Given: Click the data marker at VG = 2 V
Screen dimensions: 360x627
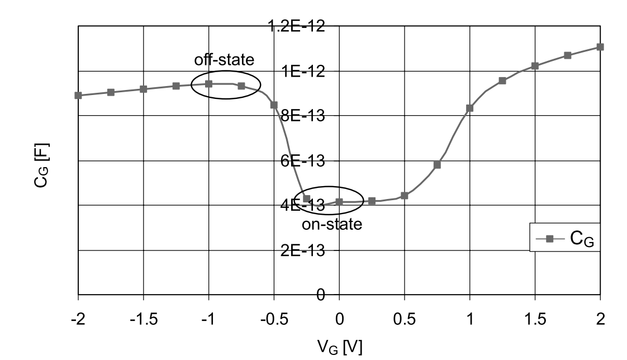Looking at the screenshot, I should (600, 47).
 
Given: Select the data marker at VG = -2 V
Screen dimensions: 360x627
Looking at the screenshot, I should (78, 96).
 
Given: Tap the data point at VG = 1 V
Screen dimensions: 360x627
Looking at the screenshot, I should (469, 108).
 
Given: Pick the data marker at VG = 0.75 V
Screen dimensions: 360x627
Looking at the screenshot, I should (437, 165).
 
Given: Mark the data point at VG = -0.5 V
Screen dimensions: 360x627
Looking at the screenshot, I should (274, 105).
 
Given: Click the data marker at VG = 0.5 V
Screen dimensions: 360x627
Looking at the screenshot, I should (405, 196).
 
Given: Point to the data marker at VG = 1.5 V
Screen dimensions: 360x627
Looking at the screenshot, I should (535, 66).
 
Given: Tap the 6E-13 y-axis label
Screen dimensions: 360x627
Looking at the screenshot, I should (305, 161).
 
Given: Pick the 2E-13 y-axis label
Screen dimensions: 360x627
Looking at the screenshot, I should (305, 250).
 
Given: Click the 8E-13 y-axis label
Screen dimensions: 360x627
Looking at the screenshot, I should (305, 116).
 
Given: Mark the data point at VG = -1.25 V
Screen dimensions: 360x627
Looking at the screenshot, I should (176, 86).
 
